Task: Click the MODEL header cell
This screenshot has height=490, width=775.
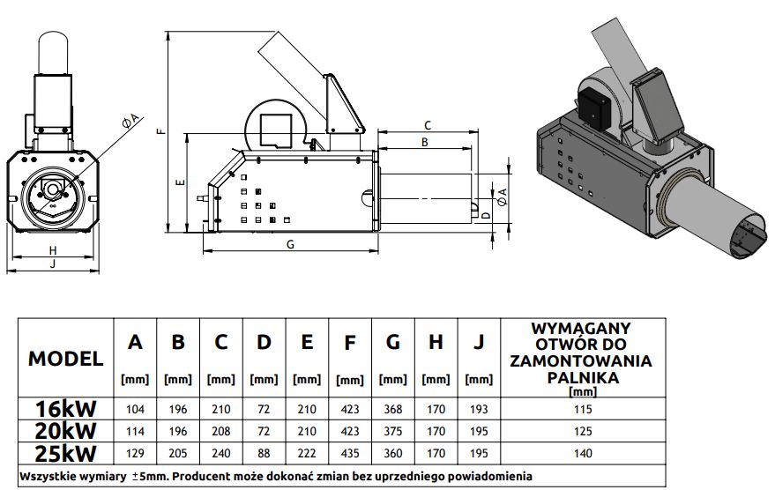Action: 66,359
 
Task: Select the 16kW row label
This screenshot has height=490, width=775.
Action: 66,409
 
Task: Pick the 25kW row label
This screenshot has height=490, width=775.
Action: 66,451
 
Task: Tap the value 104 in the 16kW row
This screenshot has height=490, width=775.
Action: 135,410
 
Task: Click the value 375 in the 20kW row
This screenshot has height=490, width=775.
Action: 392,431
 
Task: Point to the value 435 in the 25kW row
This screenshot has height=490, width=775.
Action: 349,452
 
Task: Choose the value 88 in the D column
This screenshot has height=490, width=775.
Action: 264,452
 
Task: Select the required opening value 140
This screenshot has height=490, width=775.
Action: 579,452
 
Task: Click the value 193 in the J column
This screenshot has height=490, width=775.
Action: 479,410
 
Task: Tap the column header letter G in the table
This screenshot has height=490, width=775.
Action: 392,342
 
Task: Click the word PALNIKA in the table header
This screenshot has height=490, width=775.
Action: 579,376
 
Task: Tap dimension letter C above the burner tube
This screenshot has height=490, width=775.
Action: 427,125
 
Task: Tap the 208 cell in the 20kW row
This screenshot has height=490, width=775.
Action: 220,431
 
